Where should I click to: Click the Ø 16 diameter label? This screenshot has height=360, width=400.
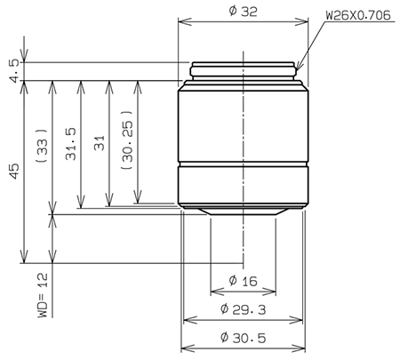[243, 281]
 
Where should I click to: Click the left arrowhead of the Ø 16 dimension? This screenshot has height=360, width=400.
[212, 292]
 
